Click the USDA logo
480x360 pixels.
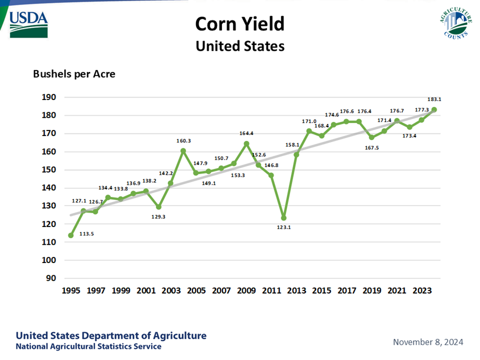click(x=29, y=24)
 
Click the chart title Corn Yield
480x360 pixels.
click(x=240, y=24)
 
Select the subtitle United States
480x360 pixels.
click(x=240, y=46)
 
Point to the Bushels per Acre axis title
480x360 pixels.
click(x=74, y=74)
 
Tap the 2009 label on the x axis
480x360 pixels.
click(x=246, y=290)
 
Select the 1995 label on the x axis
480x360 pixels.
click(x=71, y=290)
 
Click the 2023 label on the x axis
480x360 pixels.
click(x=422, y=290)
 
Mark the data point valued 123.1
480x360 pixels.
click(x=284, y=218)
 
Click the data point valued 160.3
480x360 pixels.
click(x=183, y=151)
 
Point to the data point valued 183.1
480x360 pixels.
click(x=434, y=110)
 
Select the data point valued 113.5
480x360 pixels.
click(x=71, y=235)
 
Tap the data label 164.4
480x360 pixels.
click(x=246, y=133)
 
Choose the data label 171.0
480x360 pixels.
click(x=309, y=121)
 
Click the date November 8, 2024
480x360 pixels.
click(x=428, y=342)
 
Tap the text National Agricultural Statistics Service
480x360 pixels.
click(x=89, y=347)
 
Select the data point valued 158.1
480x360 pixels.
click(x=296, y=155)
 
